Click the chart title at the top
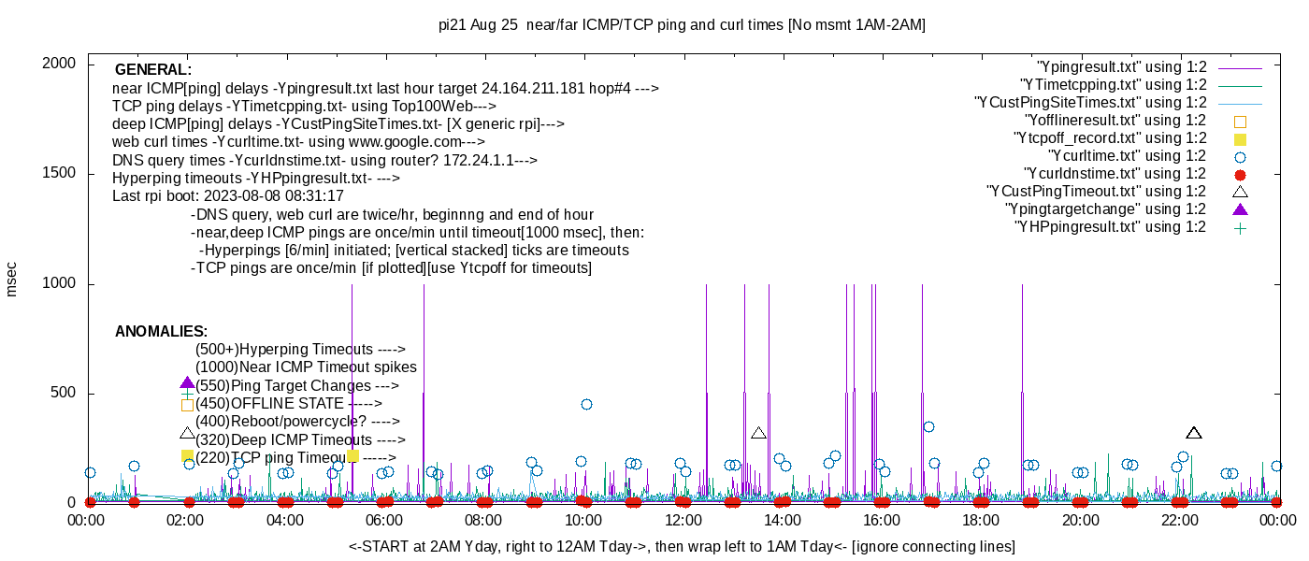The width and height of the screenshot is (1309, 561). point(682,25)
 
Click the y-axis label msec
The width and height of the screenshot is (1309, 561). point(11,280)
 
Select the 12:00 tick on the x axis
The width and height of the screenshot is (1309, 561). point(683,520)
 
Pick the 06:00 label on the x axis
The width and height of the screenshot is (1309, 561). point(384,520)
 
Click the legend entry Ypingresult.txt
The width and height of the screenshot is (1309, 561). point(1122,67)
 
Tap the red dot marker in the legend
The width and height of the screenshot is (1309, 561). point(1241,174)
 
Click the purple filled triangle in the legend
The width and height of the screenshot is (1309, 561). point(1241,209)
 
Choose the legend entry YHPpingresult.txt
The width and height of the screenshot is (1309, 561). point(1110,226)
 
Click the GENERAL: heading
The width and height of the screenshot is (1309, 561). point(153,70)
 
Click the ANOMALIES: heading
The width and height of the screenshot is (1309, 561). point(161,332)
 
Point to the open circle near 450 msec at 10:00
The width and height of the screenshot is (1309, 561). point(586,405)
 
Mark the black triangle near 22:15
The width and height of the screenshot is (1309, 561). point(1194,433)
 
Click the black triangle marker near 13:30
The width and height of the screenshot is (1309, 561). point(758,433)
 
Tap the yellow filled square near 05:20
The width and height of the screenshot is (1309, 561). point(352,456)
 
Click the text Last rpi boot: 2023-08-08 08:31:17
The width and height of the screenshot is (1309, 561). point(228,196)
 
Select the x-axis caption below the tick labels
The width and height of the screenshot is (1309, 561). point(682,546)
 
